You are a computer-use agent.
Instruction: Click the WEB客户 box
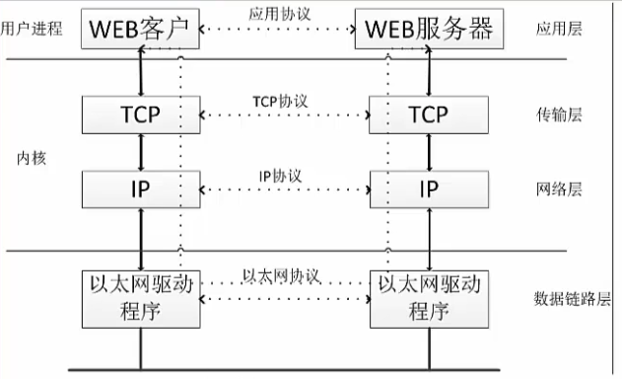click(139, 30)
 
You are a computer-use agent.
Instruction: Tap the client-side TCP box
click(139, 114)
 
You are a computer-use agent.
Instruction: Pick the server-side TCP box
click(428, 114)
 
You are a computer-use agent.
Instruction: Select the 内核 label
click(32, 158)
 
